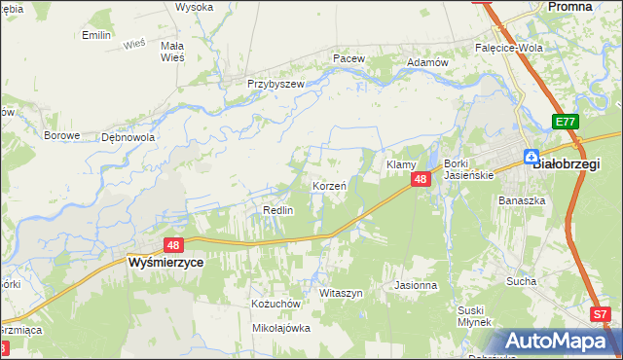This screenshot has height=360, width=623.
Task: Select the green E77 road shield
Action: coord(565,122)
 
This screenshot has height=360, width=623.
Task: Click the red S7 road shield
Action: coord(602,315)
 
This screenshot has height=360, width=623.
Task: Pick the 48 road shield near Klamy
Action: coord(421,179)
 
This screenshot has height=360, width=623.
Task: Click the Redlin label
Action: coord(278,210)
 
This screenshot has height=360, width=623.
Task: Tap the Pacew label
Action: coord(348,58)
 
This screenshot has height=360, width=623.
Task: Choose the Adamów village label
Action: coord(427,61)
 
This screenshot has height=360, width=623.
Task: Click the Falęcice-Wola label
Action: coord(508,47)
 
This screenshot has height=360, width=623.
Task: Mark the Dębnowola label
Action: coord(128,137)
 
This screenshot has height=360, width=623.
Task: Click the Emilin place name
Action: coord(96,35)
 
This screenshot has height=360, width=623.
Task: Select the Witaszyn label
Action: coord(341,293)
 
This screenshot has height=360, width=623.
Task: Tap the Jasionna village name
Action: coord(416,286)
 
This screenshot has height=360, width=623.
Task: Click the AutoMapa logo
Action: coord(559,342)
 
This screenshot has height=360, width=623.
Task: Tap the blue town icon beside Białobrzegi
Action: coord(531,157)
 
